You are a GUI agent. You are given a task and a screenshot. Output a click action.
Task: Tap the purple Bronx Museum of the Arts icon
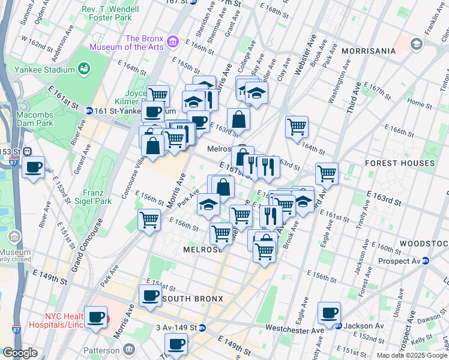[x=173, y=41]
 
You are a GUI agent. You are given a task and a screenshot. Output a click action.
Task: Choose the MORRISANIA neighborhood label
[x=369, y=51]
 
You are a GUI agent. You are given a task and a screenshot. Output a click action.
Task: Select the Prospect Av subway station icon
[x=426, y=261]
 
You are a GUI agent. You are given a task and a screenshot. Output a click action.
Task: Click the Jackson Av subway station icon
[x=339, y=326]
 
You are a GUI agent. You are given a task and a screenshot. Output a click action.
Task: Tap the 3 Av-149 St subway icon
[x=203, y=328]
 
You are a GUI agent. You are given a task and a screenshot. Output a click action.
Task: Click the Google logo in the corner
[x=20, y=353]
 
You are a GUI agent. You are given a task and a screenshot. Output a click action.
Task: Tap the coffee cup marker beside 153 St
[x=34, y=167]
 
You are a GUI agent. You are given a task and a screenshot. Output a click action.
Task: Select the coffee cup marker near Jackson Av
[x=329, y=313]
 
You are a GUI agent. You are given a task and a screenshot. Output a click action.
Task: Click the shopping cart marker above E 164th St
[x=297, y=127]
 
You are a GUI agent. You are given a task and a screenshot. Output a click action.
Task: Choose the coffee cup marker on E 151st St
[x=150, y=295]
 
